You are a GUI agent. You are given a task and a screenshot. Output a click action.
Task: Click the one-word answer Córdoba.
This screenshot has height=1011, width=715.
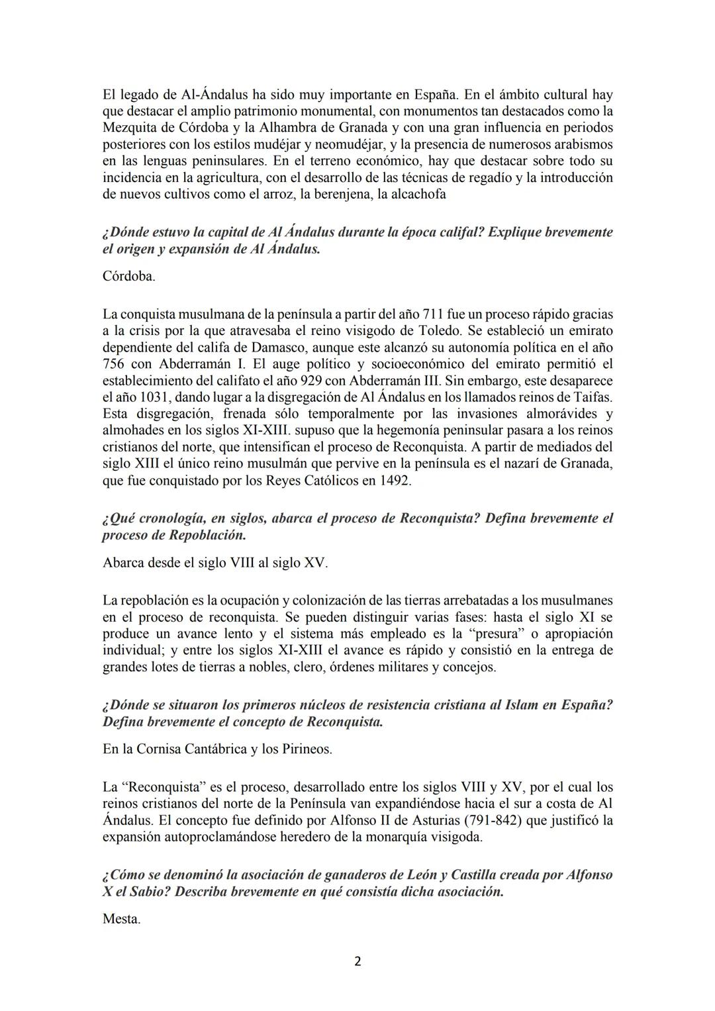point(129,276)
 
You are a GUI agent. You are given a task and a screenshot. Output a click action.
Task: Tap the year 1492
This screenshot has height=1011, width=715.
point(395,481)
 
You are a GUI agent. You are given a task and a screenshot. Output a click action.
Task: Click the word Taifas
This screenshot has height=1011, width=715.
point(593,397)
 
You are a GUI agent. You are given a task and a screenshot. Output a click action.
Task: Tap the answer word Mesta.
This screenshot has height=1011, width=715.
point(122,919)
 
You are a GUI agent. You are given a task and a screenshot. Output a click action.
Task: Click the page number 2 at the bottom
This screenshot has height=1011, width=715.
point(358,962)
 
